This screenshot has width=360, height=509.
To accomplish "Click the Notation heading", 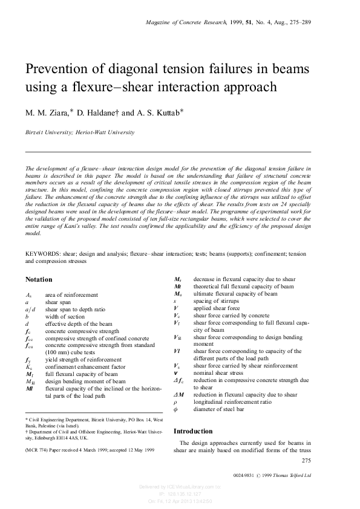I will pos(39,279).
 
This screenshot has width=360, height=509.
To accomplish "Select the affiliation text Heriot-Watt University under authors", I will pos(100,131).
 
